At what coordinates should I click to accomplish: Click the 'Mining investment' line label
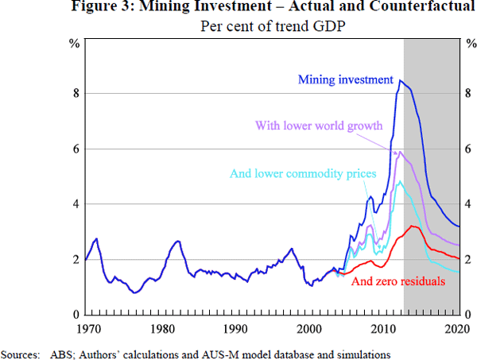click(x=345, y=79)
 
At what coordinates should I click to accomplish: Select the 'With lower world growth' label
click(x=319, y=126)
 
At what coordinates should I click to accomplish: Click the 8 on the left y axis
click(x=75, y=93)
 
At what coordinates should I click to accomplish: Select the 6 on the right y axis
click(x=467, y=149)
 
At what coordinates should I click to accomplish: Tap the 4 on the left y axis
click(x=75, y=204)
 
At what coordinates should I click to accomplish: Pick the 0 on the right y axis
click(x=467, y=315)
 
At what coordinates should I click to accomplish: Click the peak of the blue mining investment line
click(x=401, y=80)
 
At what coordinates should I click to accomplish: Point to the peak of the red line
click(x=413, y=226)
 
